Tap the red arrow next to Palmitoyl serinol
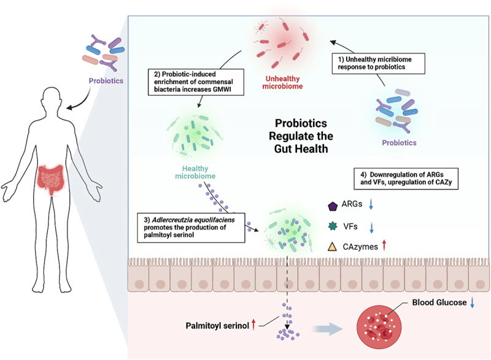pos(253,326)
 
